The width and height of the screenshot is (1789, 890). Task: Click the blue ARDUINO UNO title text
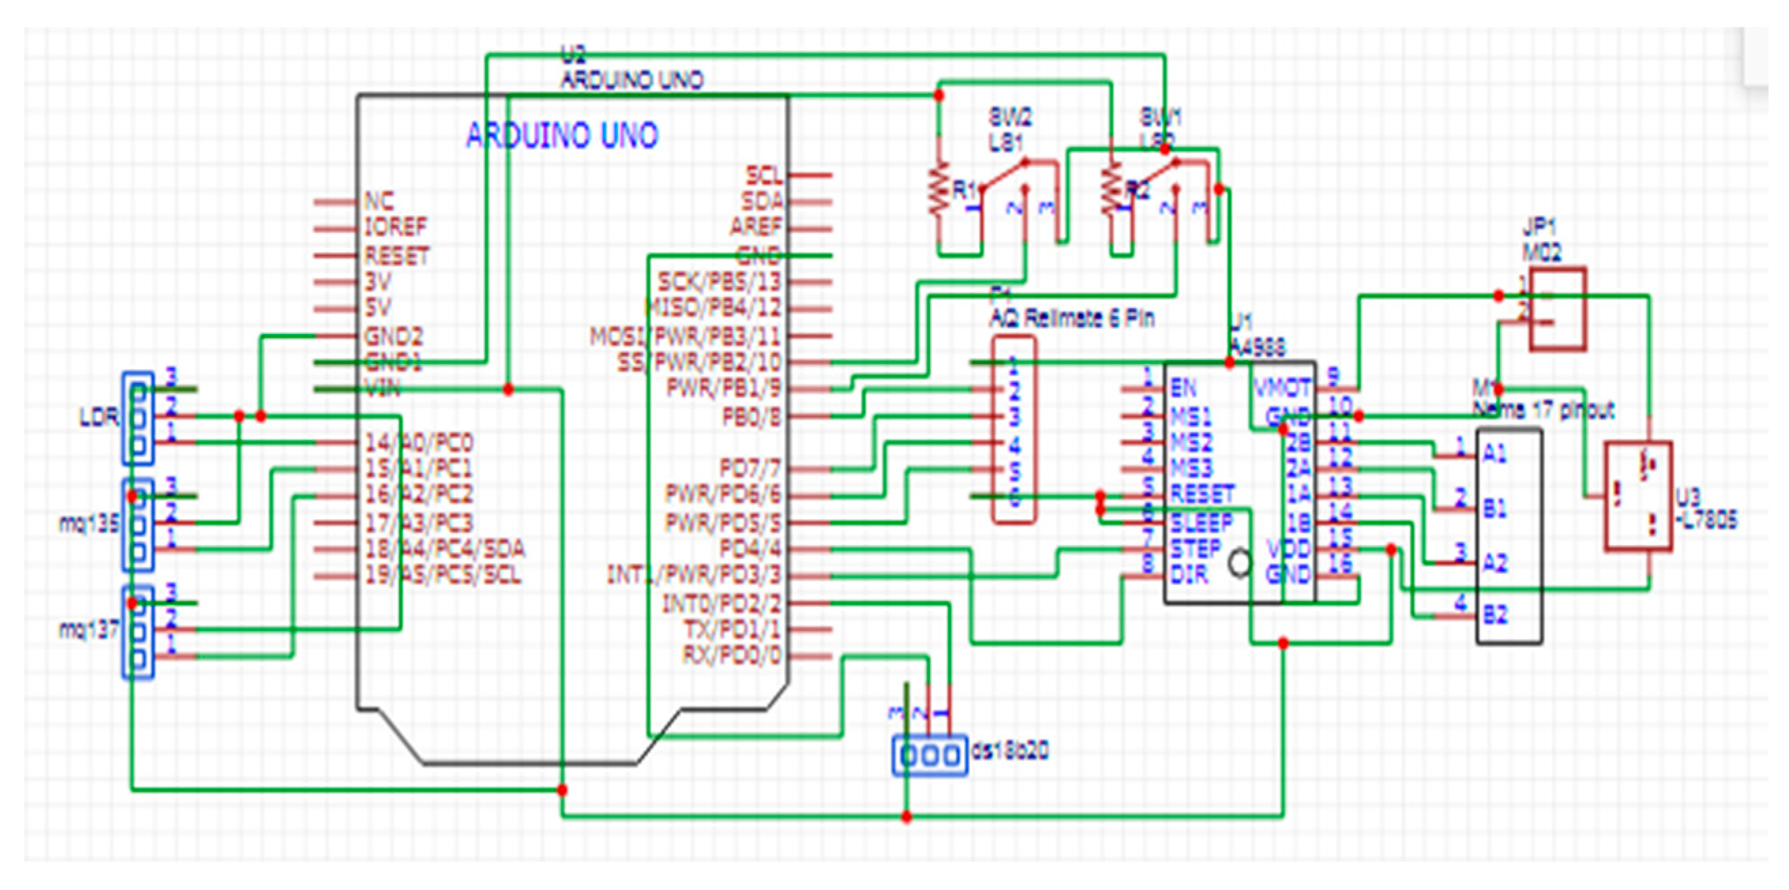coord(561,136)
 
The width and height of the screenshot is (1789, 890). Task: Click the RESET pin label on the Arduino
coord(396,256)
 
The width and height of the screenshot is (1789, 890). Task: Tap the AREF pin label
coord(755,227)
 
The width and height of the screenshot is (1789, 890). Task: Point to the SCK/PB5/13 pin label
coord(719,282)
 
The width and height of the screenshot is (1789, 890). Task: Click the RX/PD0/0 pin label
coord(731,655)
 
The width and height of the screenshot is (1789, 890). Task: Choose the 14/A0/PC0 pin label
coord(419,442)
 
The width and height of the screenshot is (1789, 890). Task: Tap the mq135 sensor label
coord(88,523)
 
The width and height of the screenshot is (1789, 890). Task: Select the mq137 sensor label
coord(88,630)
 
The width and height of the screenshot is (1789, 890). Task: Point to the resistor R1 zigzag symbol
coord(938,187)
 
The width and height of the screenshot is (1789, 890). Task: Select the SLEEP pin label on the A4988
coord(1202,523)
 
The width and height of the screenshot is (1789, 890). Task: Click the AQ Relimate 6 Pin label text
coord(1072,319)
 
